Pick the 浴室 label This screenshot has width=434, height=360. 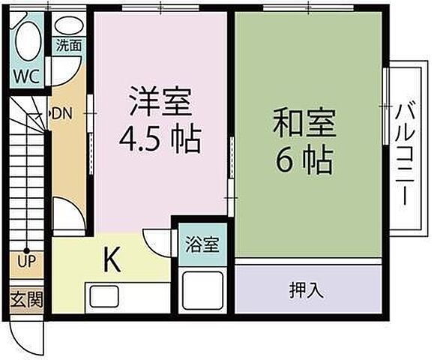202,245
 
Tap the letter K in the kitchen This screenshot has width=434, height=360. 111,260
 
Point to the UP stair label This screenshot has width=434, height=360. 25,262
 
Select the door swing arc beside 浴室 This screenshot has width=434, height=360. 160,238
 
